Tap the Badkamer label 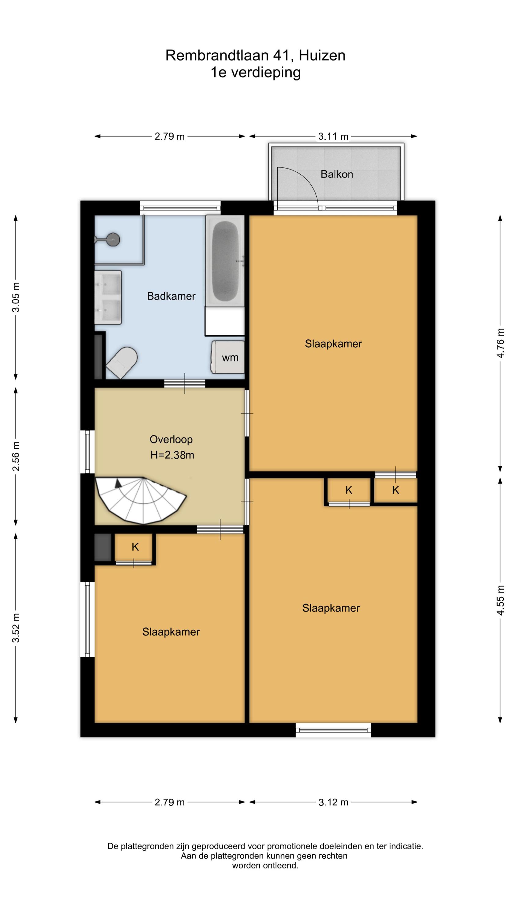click(x=171, y=296)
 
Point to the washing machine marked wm click(x=228, y=357)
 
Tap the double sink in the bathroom click(x=108, y=297)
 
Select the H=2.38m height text click(x=172, y=455)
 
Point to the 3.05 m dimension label click(x=16, y=297)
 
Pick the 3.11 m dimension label click(x=333, y=136)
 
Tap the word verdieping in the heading click(x=266, y=73)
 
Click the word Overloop click(x=171, y=439)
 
